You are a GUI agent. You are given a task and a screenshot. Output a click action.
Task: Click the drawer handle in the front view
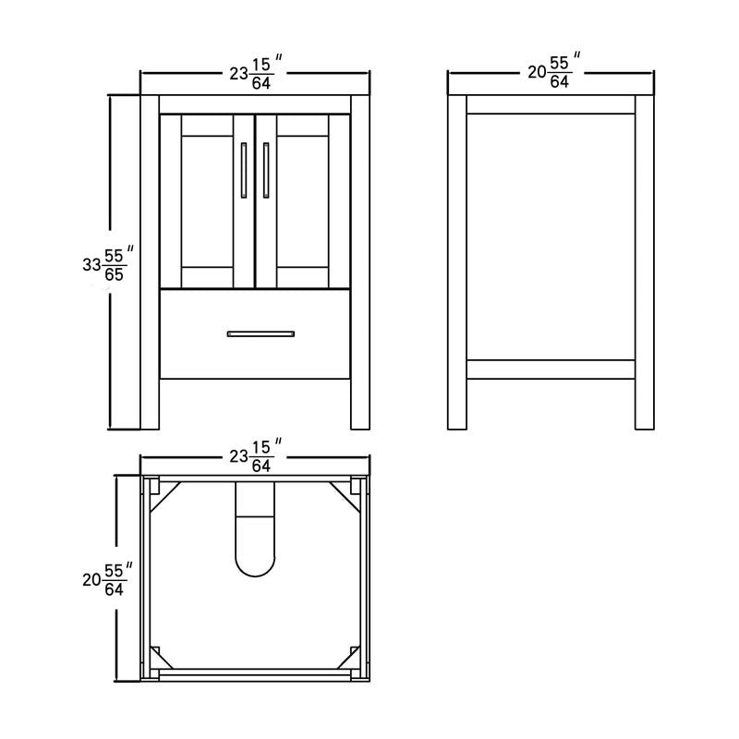click(261, 333)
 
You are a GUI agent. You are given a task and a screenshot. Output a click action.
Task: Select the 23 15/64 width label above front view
click(256, 74)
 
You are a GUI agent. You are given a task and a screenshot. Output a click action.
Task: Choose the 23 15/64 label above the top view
click(256, 457)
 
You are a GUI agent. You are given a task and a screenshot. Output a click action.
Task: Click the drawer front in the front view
click(256, 333)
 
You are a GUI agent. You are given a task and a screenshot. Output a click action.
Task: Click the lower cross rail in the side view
click(551, 369)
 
